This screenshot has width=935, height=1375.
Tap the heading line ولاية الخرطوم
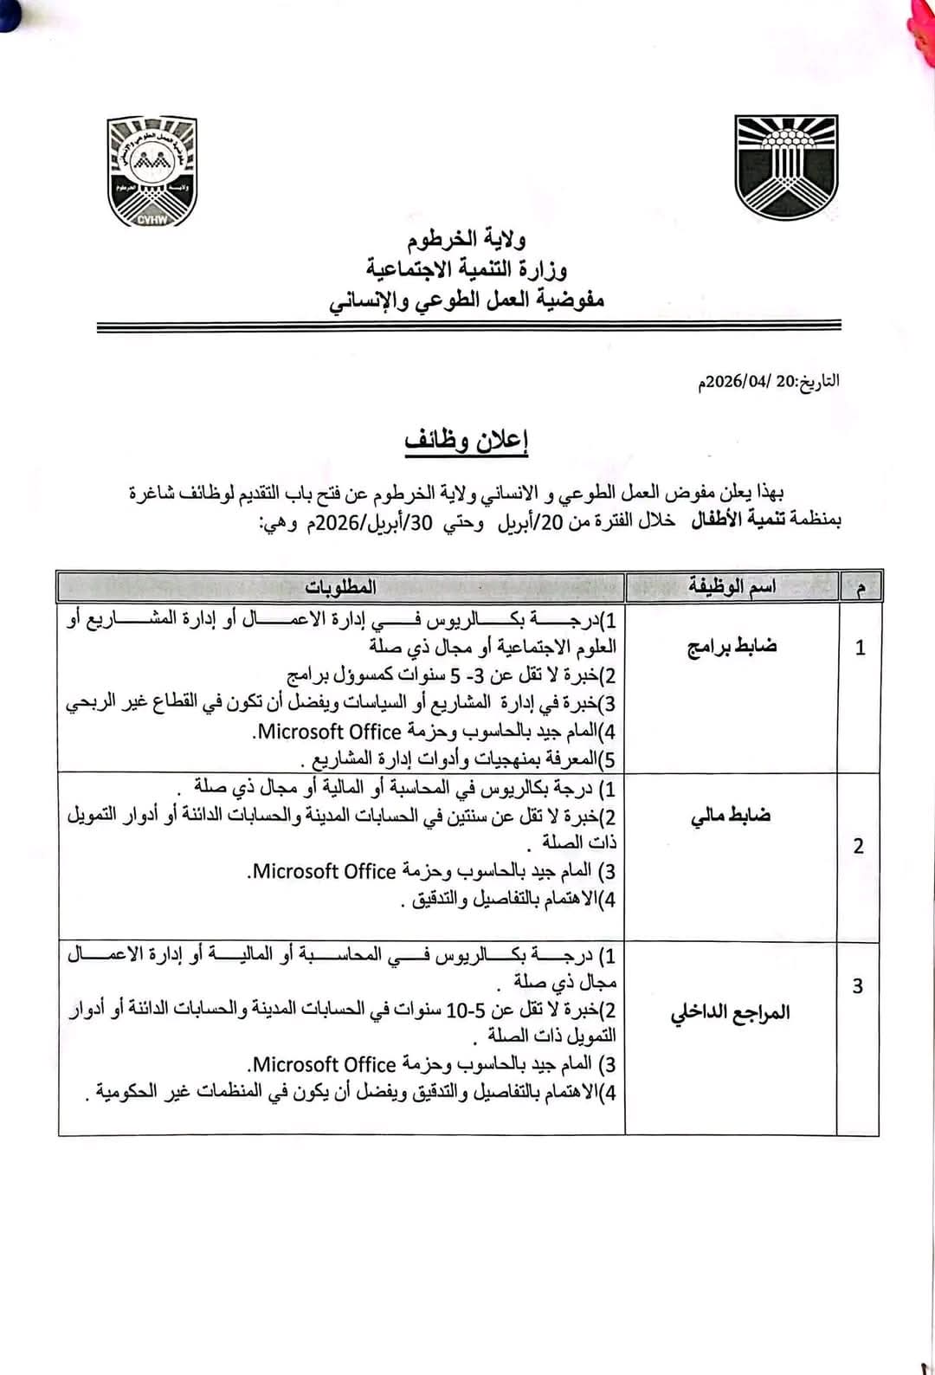pos(466,240)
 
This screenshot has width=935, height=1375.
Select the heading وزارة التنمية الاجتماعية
pos(466,269)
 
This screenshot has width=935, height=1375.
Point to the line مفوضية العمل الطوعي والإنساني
pos(466,300)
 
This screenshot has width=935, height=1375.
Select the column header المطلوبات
pos(340,587)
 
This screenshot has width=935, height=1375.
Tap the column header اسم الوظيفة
pos(732,587)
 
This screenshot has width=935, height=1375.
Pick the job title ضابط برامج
pos(732,647)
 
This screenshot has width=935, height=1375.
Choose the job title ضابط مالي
pos(731,816)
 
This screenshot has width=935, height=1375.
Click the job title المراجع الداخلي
pos(731,1012)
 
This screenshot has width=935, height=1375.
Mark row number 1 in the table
pos(860,648)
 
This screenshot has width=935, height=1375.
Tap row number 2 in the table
pos(858,846)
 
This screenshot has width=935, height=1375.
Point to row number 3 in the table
pos(858,986)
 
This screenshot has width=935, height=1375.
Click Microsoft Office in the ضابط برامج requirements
pos(331,732)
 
